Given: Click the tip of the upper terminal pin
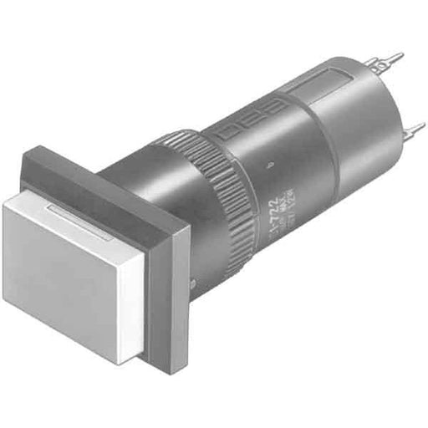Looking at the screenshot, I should coord(402,57).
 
